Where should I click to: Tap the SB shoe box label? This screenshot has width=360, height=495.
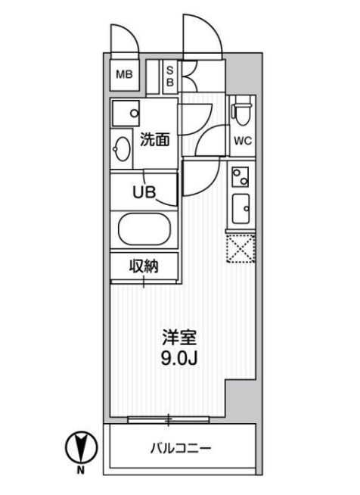[x=169, y=75]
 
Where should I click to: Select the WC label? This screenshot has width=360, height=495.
[x=242, y=141]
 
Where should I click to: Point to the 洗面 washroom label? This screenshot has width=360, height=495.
[x=154, y=139]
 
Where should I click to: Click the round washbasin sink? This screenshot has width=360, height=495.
[x=123, y=148]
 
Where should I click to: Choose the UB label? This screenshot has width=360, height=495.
[x=144, y=192]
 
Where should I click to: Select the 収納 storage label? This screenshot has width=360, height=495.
[x=144, y=266]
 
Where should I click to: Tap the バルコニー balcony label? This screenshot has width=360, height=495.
[x=179, y=448]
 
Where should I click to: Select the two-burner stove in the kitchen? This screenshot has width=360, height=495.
[x=241, y=177]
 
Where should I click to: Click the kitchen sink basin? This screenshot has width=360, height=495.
[x=241, y=208]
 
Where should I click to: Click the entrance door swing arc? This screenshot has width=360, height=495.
[x=203, y=38]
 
